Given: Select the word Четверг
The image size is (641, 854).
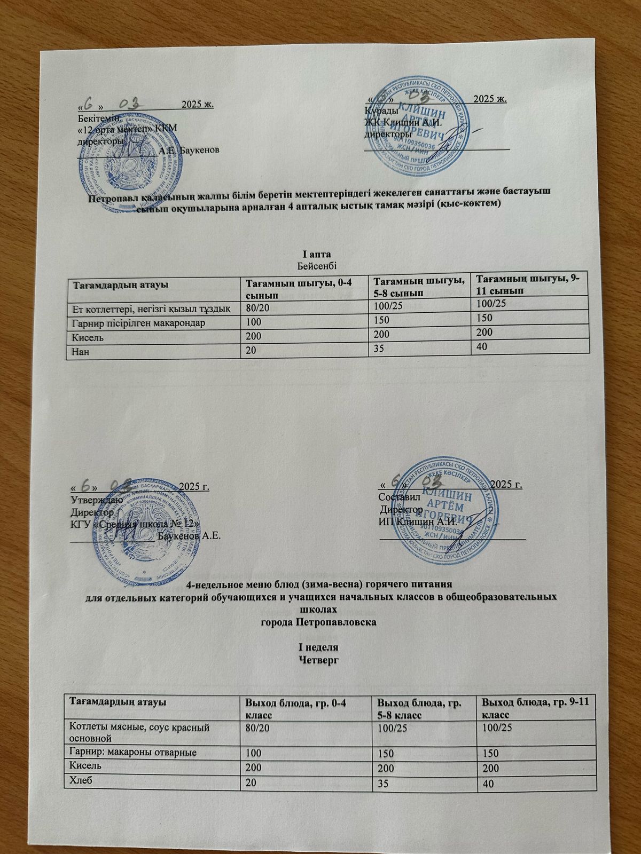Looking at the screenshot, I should pyautogui.click(x=319, y=660).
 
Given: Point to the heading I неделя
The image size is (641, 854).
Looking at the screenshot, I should pyautogui.click(x=318, y=648).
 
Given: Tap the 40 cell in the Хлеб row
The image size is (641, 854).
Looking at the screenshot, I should pyautogui.click(x=487, y=784).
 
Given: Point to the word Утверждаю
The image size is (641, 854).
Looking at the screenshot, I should pyautogui.click(x=98, y=500).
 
